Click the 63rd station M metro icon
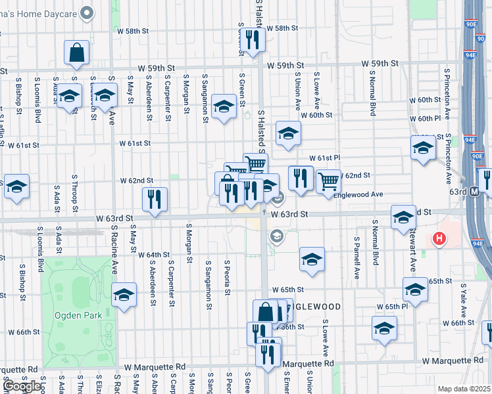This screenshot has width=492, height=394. point(474,190)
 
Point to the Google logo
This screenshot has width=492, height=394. point(22,387)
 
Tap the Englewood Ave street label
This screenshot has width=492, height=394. point(358,195)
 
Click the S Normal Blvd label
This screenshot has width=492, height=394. point(373,99)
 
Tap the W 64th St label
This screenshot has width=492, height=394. point(155,254)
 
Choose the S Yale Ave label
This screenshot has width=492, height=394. point(463,301)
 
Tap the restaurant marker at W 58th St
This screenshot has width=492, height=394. point(253,39)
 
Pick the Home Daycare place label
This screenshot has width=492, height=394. point(39,12)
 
